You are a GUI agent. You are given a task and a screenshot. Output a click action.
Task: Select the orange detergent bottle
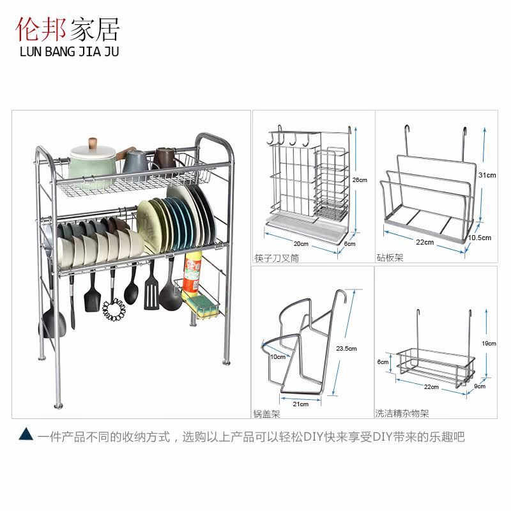coord(193,273)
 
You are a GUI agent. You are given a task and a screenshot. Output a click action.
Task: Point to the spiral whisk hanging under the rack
coord(113,309)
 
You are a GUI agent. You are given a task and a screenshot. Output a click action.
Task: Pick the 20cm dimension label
coord(301,243)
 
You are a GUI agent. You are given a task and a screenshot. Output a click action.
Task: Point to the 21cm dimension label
coord(301,404)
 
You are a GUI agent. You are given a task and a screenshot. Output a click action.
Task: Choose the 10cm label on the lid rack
coord(277,356)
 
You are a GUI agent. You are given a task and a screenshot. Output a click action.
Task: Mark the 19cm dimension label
coord(489,344)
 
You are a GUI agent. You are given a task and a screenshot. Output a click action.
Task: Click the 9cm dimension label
coord(479,386)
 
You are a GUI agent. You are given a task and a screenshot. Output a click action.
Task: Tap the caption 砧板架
coord(390,258)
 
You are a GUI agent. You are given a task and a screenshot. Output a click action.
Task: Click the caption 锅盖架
coord(266,414)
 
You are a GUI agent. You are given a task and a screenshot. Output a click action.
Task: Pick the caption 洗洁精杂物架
coord(402,414)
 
